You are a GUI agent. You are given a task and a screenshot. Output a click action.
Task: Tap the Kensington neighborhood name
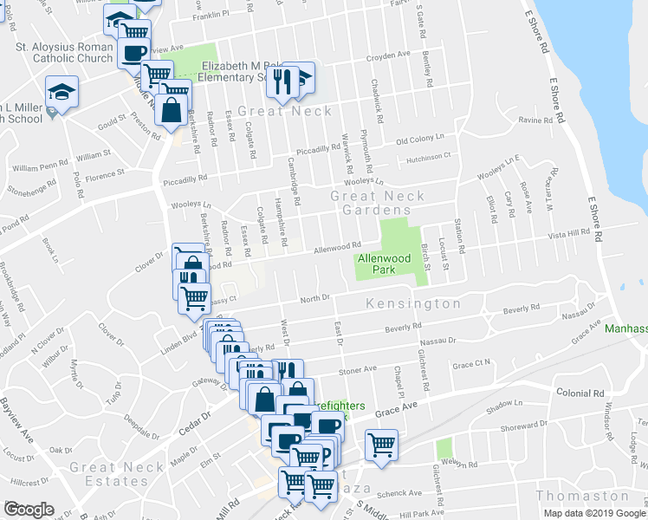tap(413, 304)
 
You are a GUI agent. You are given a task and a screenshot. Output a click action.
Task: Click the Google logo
tap(29, 510)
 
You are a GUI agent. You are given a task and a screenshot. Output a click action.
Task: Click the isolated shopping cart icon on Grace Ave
tap(381, 445)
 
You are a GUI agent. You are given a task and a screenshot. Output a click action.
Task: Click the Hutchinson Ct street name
tap(424, 157)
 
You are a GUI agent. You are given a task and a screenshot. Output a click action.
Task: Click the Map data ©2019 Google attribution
tap(593, 513)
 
